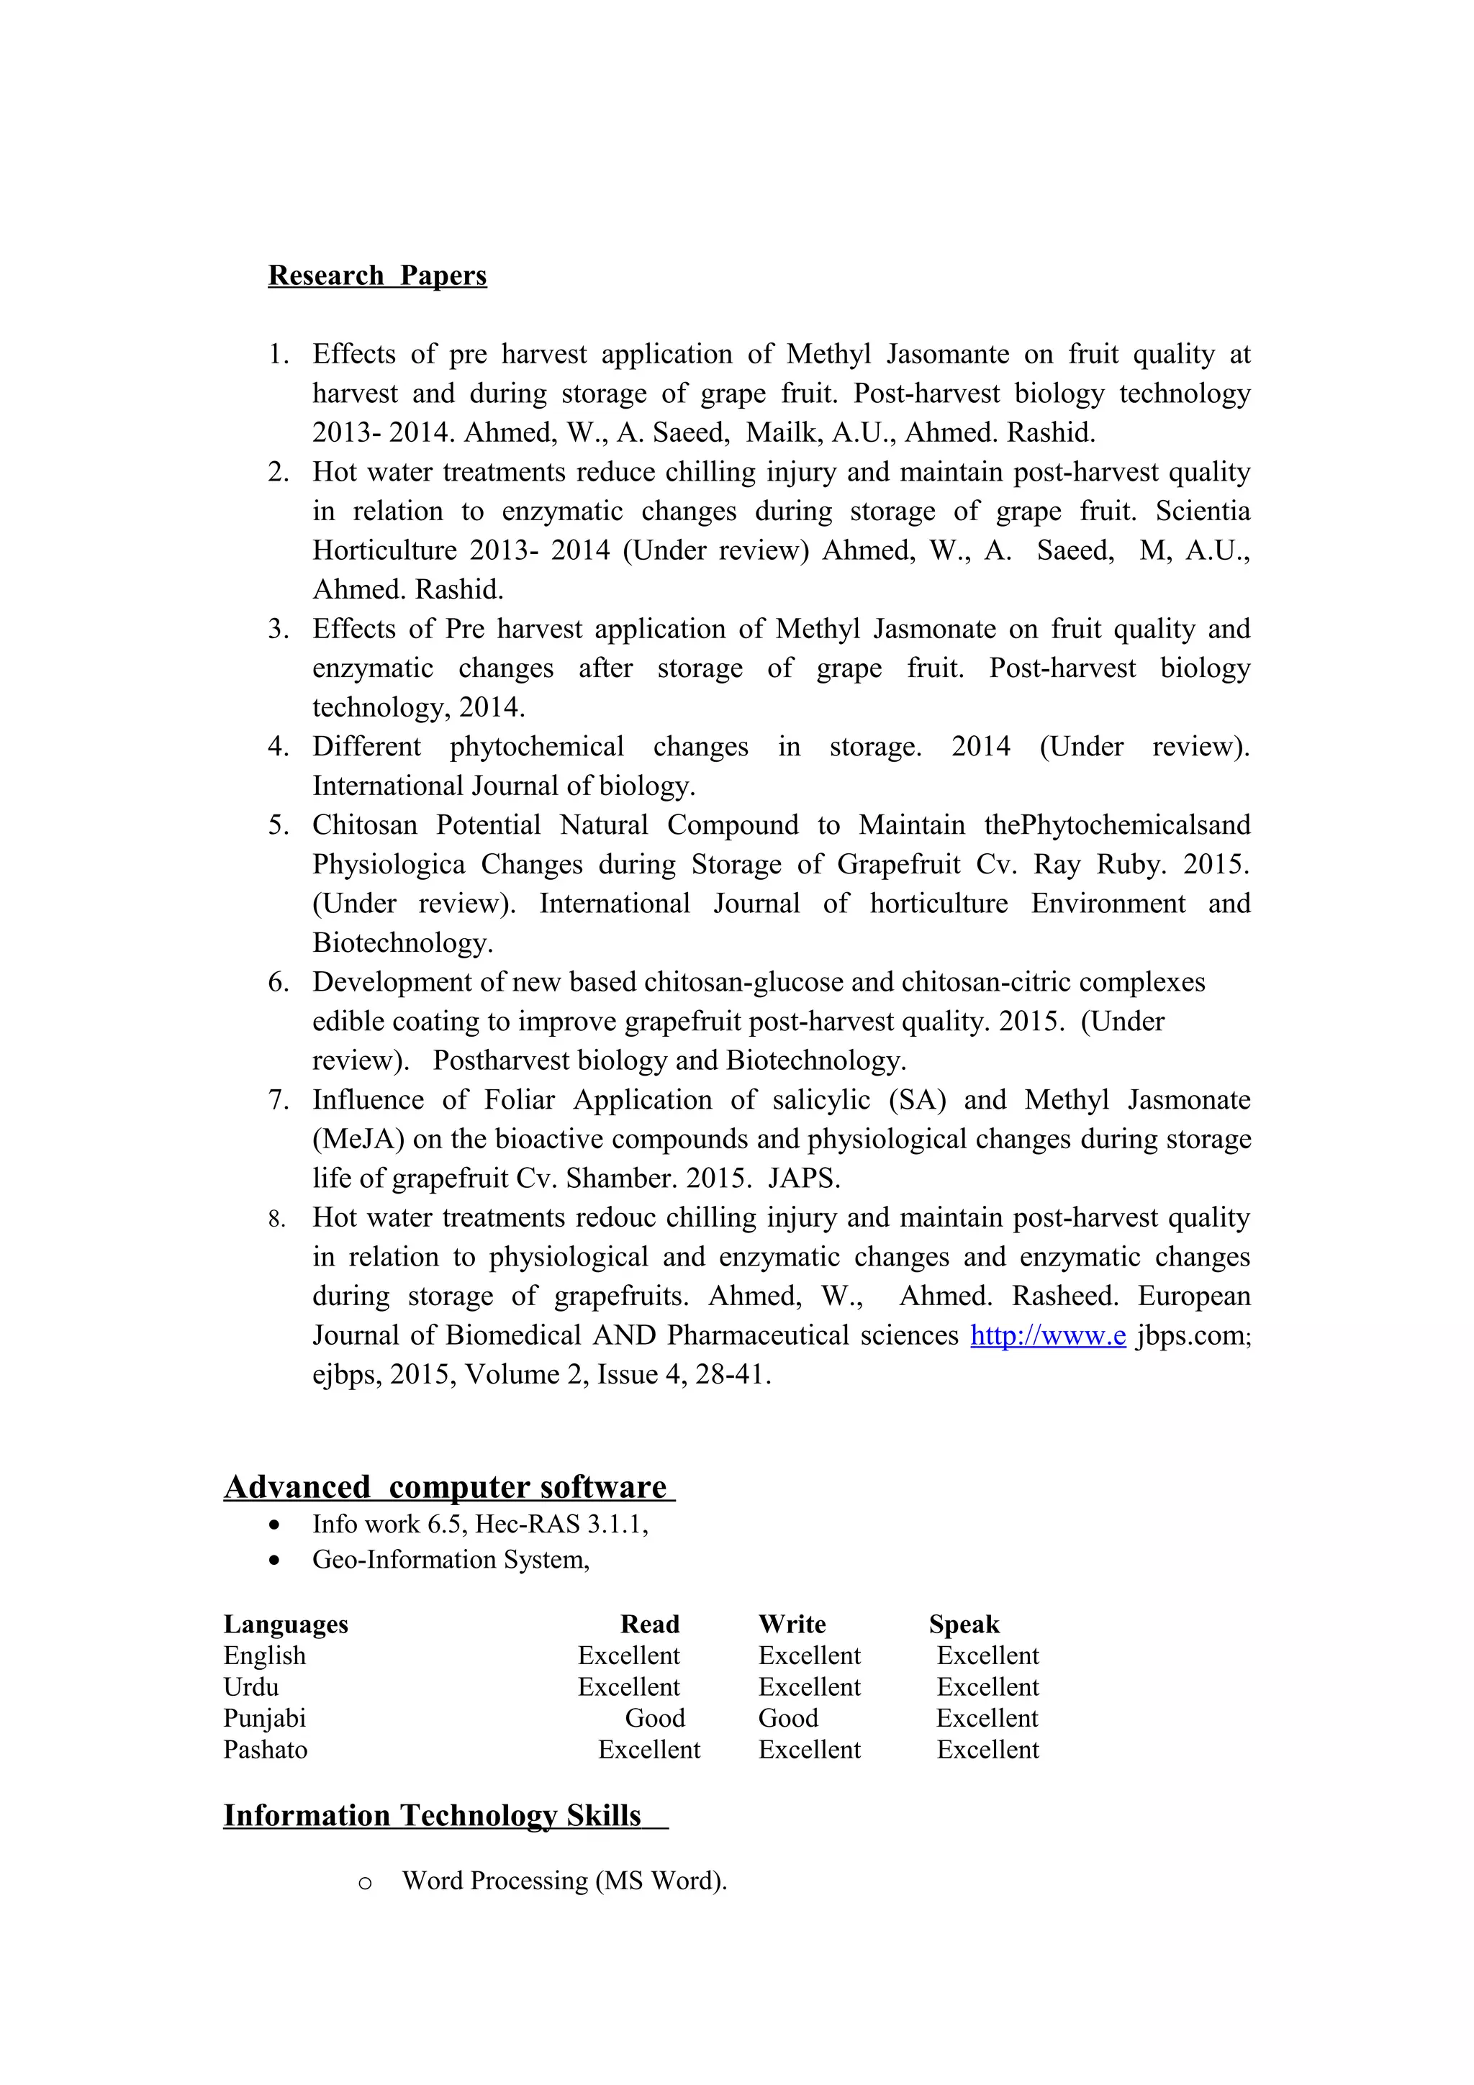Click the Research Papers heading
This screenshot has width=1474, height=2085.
377,275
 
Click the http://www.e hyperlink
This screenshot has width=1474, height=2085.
1047,1335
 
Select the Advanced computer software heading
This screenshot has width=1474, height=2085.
448,1486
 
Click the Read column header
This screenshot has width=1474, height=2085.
649,1624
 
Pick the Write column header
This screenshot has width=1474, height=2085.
791,1624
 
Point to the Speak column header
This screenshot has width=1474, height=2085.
964,1624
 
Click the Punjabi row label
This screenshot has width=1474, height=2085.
264,1718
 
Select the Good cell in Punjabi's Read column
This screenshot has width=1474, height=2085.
654,1718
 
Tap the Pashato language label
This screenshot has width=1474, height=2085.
265,1750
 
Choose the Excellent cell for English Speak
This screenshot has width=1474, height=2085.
987,1655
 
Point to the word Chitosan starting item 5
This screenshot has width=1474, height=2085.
364,825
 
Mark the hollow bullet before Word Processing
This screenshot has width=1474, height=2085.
364,1881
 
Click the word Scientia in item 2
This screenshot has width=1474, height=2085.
1201,510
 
